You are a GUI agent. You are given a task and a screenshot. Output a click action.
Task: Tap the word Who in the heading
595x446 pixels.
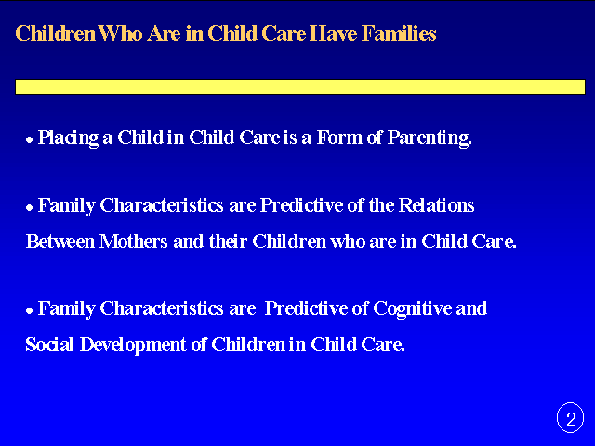point(121,33)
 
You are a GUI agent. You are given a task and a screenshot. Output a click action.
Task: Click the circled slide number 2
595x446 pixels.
point(570,417)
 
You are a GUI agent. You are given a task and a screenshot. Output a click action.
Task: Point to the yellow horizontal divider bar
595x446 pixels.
point(300,86)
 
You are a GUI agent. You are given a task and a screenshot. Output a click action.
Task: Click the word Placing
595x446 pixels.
point(68,138)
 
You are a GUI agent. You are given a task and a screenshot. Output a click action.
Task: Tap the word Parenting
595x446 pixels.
point(430,138)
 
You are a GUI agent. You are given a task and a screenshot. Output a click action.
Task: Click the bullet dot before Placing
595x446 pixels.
point(29,140)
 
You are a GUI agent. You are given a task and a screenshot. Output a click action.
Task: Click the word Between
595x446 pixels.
point(59,242)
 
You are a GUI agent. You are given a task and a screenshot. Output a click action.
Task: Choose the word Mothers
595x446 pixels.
point(133,242)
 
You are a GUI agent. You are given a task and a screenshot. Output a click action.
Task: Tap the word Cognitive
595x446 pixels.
point(412,309)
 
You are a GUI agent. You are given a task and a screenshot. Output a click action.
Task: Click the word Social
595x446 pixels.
point(49,345)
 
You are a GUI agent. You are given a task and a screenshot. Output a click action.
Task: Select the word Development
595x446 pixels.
point(133,346)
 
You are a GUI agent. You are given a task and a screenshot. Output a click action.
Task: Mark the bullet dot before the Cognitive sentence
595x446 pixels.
point(29,311)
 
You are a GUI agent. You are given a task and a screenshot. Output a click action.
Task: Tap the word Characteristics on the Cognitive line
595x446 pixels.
point(161,308)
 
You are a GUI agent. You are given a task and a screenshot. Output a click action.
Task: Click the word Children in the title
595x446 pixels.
point(56,33)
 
